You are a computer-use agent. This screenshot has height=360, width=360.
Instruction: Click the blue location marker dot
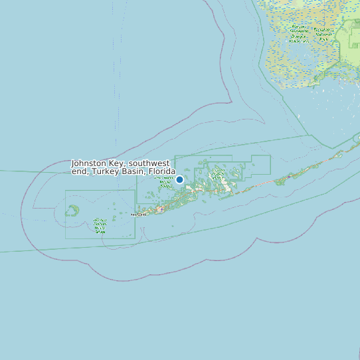(x=179, y=179)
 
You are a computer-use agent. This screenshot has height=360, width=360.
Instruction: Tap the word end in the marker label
(x=80, y=171)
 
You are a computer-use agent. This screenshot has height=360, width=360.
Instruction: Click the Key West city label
(x=138, y=215)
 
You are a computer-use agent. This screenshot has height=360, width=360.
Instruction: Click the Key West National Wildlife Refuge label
(x=100, y=226)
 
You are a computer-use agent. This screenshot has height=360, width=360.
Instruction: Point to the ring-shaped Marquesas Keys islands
(x=72, y=211)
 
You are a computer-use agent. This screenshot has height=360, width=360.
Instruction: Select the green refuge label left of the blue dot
(x=163, y=182)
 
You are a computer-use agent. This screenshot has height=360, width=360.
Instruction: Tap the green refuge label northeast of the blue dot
(x=217, y=173)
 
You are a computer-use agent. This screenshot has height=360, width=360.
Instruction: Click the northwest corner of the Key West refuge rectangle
(x=65, y=191)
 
